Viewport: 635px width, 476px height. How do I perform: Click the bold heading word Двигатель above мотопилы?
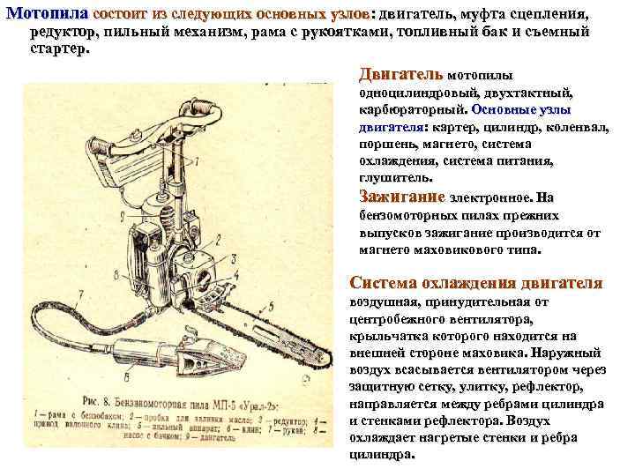(x=401, y=74)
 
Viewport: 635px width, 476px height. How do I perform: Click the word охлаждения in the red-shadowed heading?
(x=467, y=283)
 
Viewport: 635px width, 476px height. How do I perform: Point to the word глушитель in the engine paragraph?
(x=394, y=177)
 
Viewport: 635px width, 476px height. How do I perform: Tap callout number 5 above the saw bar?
(x=271, y=306)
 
